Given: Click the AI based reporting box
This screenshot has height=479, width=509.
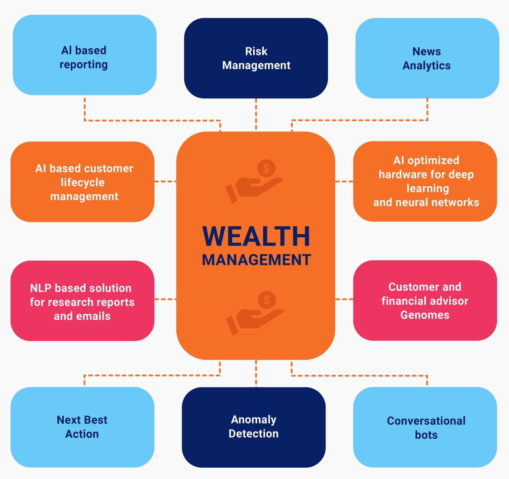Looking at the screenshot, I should coord(84,55).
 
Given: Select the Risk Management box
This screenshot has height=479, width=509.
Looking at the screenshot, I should coord(256,58).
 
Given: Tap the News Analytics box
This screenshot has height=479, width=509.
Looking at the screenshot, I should coord(427,58).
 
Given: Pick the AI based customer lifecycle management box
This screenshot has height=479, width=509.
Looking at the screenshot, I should coord(82,182).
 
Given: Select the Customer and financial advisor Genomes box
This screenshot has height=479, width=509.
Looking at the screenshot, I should coord(425,300).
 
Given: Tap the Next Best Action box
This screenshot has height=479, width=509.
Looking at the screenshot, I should coord(82,427).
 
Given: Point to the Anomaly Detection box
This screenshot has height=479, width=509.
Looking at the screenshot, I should coord(254,427).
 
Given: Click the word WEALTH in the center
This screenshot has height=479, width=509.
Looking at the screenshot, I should coord(256,236).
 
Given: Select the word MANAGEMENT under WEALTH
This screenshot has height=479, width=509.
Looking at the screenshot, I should coord(256,260).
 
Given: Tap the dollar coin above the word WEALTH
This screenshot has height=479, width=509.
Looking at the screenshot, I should coord(266,168).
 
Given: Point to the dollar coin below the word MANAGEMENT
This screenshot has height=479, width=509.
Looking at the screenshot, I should coord(267,300).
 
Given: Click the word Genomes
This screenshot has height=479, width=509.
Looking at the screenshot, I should coord(425,315).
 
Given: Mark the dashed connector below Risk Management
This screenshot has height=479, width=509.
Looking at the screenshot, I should coord(256,114).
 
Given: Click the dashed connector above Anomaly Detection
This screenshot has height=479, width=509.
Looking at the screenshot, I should coord(256,373).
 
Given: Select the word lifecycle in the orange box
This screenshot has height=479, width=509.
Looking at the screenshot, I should coord(83,182).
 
